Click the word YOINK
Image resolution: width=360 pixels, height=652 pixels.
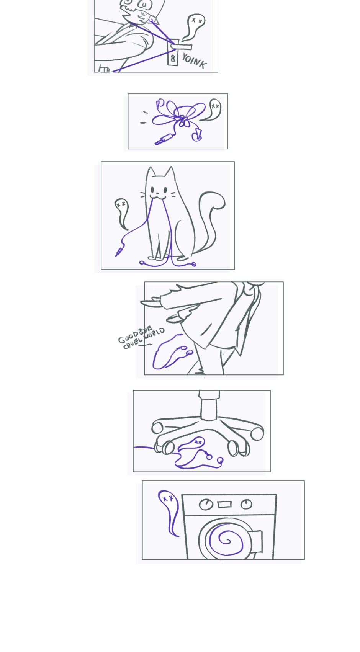pos(194,62)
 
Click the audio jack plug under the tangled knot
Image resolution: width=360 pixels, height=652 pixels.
pos(164,139)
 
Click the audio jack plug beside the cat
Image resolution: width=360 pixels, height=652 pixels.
pos(119,251)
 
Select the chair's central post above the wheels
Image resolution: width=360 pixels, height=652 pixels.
pos(209,405)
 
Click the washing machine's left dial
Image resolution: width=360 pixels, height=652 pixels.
pos(206,505)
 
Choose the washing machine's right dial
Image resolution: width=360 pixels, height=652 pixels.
pos(246,504)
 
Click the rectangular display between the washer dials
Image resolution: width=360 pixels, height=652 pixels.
pos(224,504)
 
